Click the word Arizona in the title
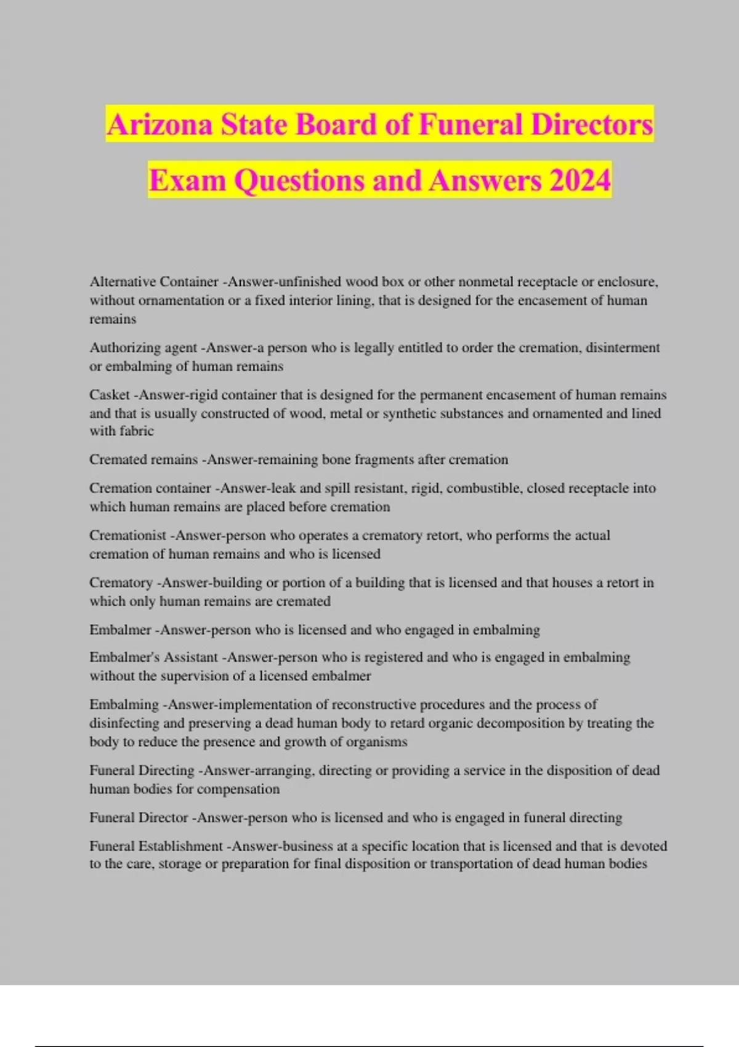click(x=160, y=124)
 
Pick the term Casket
click(x=110, y=394)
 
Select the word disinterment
click(x=623, y=347)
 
